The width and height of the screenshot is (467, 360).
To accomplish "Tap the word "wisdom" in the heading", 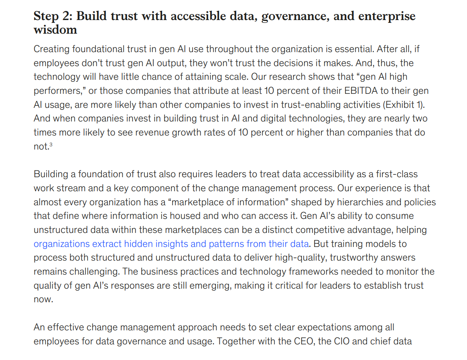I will tap(55, 30).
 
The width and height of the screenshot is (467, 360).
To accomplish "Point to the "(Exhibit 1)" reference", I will tap(405, 105).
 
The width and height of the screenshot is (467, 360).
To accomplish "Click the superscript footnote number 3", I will tap(51, 145).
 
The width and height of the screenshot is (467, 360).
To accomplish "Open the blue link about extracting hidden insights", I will tap(171, 244).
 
